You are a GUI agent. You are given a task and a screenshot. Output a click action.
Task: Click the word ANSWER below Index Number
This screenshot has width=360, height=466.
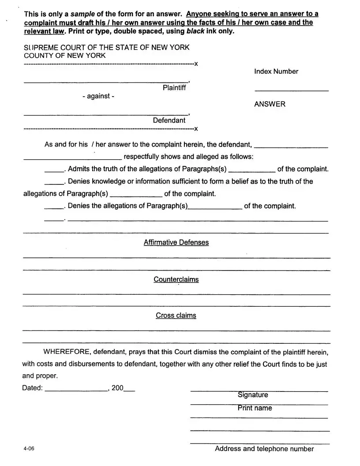coord(270,104)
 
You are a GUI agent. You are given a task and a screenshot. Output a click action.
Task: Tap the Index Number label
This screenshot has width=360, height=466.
coord(276,71)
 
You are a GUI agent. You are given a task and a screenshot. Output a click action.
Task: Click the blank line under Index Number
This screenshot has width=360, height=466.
coord(291,90)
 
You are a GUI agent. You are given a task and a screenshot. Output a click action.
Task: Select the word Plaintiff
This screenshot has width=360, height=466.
coord(174,88)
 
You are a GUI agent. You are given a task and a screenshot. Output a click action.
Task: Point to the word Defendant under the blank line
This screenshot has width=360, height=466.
coord(169,120)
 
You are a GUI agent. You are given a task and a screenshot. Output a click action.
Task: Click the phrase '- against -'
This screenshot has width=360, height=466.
coord(98,96)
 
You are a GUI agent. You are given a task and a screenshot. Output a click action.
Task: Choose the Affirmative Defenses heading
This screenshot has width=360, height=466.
coord(176,242)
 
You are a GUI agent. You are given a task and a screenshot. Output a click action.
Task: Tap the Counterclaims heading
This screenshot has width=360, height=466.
coord(176,279)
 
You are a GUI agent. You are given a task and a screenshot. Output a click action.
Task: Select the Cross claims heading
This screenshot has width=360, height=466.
coord(176,316)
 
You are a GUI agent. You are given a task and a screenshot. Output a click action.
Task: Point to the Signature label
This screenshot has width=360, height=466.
coord(253,395)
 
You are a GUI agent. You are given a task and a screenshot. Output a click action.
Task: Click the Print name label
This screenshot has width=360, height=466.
coord(255,408)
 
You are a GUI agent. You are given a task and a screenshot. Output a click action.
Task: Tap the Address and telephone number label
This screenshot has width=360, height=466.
coord(264,449)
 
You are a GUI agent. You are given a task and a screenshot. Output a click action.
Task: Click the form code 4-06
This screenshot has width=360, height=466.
coord(29,449)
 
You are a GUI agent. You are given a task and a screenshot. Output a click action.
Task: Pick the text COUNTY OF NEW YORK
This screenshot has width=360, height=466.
coord(64,56)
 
